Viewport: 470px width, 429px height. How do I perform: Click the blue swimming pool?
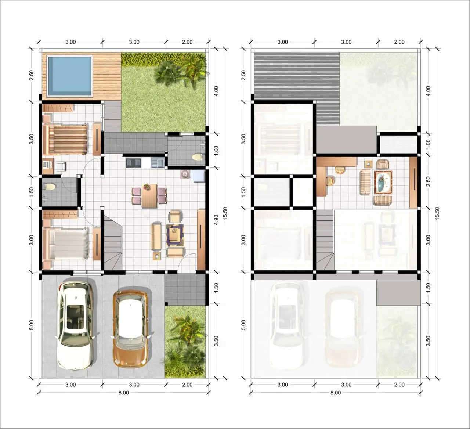[x=69, y=76]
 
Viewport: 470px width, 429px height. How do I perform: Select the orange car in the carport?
[x=130, y=328]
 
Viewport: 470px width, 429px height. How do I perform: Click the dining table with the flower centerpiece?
[x=149, y=196]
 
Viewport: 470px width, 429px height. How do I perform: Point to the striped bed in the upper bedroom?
[x=65, y=140]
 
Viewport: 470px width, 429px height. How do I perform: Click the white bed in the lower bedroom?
[x=66, y=244]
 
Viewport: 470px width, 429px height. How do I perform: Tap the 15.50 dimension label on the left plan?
[x=225, y=213]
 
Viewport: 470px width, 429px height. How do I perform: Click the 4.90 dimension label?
[x=216, y=220]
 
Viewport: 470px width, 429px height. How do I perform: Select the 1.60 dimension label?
[x=216, y=151]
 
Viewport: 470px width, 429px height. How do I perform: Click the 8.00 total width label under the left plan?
[x=123, y=393]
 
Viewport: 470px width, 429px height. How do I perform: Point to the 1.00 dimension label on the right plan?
[x=428, y=144]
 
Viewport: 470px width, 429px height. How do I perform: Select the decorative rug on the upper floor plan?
[x=383, y=183]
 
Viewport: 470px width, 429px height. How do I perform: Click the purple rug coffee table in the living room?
[x=175, y=234]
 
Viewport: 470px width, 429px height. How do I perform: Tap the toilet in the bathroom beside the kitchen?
[x=197, y=157]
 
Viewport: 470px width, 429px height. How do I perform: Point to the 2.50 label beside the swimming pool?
[x=31, y=75]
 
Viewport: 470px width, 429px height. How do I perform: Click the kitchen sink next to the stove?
[x=157, y=163]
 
